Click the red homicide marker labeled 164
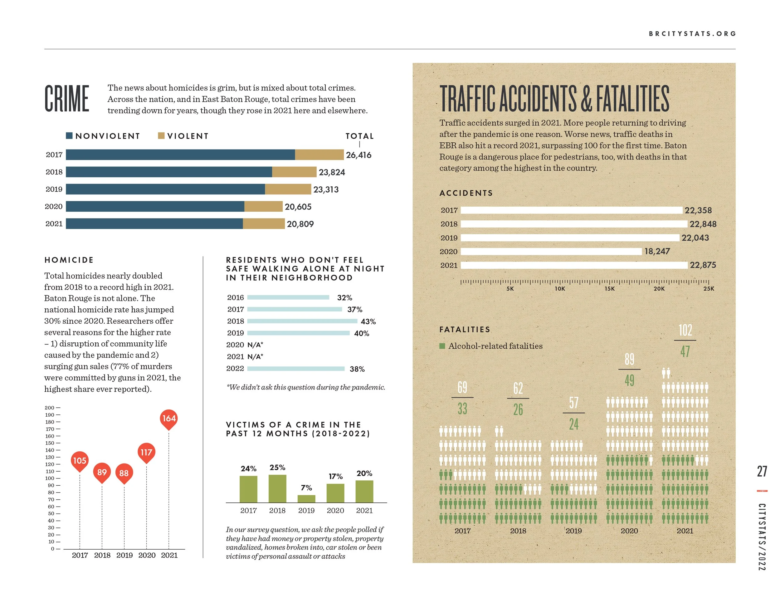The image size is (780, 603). click(169, 419)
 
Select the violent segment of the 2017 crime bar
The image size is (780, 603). click(319, 155)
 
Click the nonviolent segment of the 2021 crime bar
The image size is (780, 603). click(154, 223)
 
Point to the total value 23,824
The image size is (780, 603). click(332, 172)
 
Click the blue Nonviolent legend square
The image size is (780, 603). click(69, 136)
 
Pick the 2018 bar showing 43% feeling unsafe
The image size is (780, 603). click(302, 321)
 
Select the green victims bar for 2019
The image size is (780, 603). click(306, 499)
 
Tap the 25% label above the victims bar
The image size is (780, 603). click(277, 467)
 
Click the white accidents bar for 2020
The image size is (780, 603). click(551, 252)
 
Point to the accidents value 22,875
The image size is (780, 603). click(703, 265)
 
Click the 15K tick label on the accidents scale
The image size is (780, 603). click(610, 289)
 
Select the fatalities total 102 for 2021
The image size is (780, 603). click(685, 330)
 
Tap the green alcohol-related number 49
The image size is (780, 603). click(629, 380)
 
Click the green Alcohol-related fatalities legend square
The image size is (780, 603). click(442, 346)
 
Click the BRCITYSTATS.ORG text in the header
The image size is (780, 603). click(692, 34)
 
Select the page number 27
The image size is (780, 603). click(762, 472)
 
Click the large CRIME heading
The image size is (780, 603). click(67, 99)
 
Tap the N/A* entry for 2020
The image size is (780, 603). click(255, 345)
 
